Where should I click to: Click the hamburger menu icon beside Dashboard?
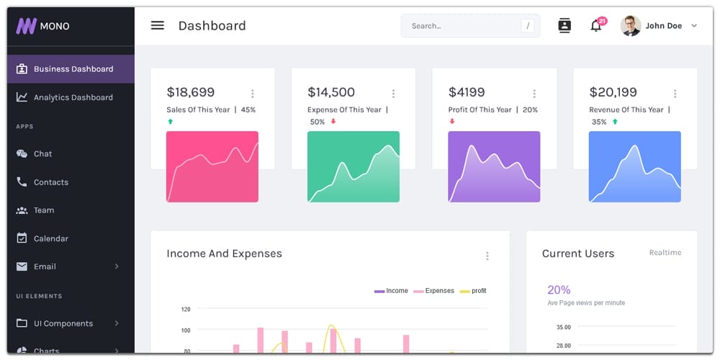click(x=157, y=26)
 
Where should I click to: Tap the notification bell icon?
click(x=595, y=26)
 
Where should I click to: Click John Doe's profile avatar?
click(x=630, y=26)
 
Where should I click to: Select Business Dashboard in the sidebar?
click(x=73, y=69)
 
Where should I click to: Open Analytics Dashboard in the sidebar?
click(x=73, y=97)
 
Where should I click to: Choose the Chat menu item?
click(x=42, y=153)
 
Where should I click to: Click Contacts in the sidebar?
click(x=50, y=182)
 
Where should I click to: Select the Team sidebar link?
click(x=43, y=210)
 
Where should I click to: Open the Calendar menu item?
click(x=50, y=238)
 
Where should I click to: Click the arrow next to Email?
click(x=117, y=266)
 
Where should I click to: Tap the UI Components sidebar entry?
click(x=63, y=323)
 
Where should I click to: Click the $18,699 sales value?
click(x=191, y=92)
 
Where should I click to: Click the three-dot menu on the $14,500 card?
click(x=393, y=94)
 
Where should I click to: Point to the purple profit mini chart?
click(x=494, y=166)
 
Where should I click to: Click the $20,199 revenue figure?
click(x=613, y=92)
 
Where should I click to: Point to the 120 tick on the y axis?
click(x=186, y=310)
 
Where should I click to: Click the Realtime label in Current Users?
click(x=665, y=253)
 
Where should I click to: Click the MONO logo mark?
click(x=26, y=26)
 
